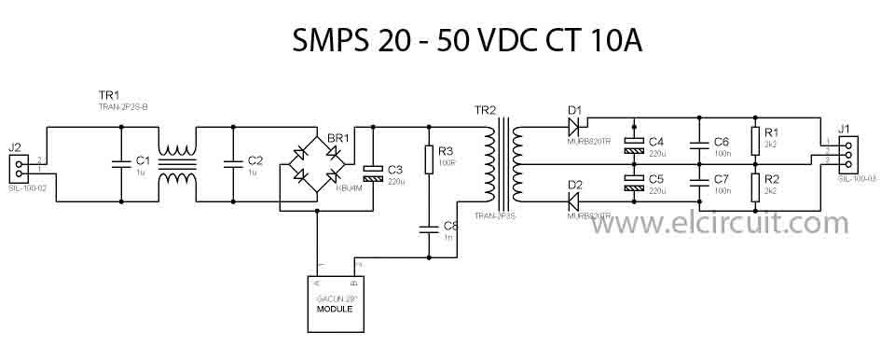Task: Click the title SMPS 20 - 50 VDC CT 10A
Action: (467, 40)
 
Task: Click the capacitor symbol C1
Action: (121, 164)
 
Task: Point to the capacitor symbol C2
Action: (232, 164)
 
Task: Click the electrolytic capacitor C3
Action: (373, 171)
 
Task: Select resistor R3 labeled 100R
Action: (428, 159)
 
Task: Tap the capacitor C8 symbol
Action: (428, 227)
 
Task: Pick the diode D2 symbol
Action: (574, 200)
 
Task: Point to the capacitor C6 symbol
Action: (697, 145)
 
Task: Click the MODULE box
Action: (335, 303)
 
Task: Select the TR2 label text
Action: (487, 110)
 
